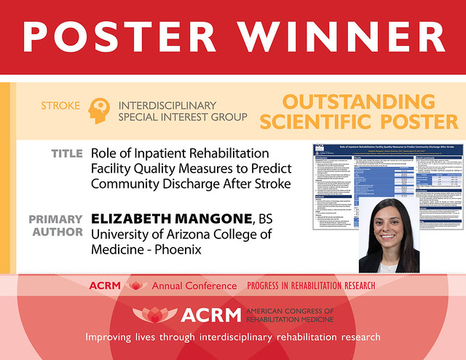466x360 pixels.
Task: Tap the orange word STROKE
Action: coord(60,106)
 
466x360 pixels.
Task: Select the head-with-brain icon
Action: coord(101,110)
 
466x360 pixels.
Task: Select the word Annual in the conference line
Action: coord(170,286)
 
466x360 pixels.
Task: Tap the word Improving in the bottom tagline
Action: coord(116,337)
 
